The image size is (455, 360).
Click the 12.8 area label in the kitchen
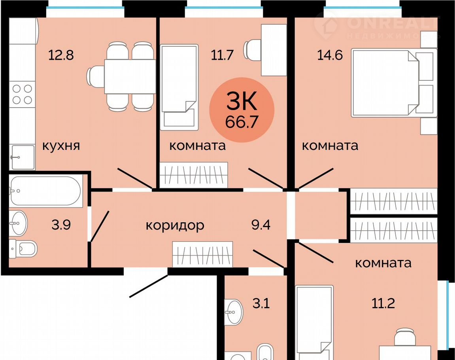click(61, 55)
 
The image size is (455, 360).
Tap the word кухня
click(61, 146)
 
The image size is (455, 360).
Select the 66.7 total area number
click(242, 122)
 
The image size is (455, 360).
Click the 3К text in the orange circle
click(242, 100)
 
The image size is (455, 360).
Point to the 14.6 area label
click(330, 55)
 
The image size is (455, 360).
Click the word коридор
click(175, 225)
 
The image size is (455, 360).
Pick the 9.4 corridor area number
click(261, 225)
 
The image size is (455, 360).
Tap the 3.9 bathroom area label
click(61, 225)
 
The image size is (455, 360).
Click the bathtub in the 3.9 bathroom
click(45, 191)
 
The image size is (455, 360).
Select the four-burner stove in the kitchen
click(22, 94)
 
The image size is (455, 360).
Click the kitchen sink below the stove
click(22, 157)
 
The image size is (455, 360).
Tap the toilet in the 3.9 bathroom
click(23, 248)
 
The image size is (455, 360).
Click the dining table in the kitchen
click(130, 76)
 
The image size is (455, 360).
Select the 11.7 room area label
click(222, 55)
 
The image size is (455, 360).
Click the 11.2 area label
click(383, 303)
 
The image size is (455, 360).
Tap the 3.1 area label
click(261, 304)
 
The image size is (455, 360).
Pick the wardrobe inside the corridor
click(202, 254)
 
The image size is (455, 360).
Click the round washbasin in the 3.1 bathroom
click(234, 312)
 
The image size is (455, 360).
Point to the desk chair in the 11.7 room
click(253, 50)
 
